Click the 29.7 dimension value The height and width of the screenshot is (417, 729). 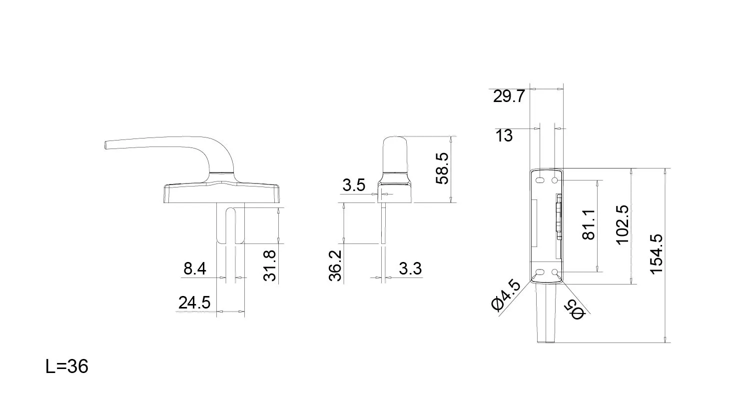click(509, 96)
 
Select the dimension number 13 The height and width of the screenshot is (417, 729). click(504, 135)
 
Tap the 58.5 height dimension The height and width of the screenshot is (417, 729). click(442, 168)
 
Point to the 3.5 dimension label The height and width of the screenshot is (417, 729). click(354, 185)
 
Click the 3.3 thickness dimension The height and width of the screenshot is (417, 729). click(410, 268)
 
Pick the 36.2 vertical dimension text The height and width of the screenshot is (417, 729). click(335, 265)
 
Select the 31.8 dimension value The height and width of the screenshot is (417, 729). click(270, 265)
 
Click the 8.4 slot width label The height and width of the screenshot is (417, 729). click(195, 269)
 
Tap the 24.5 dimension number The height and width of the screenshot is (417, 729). click(194, 302)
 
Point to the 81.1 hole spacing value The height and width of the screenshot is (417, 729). click(589, 225)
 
